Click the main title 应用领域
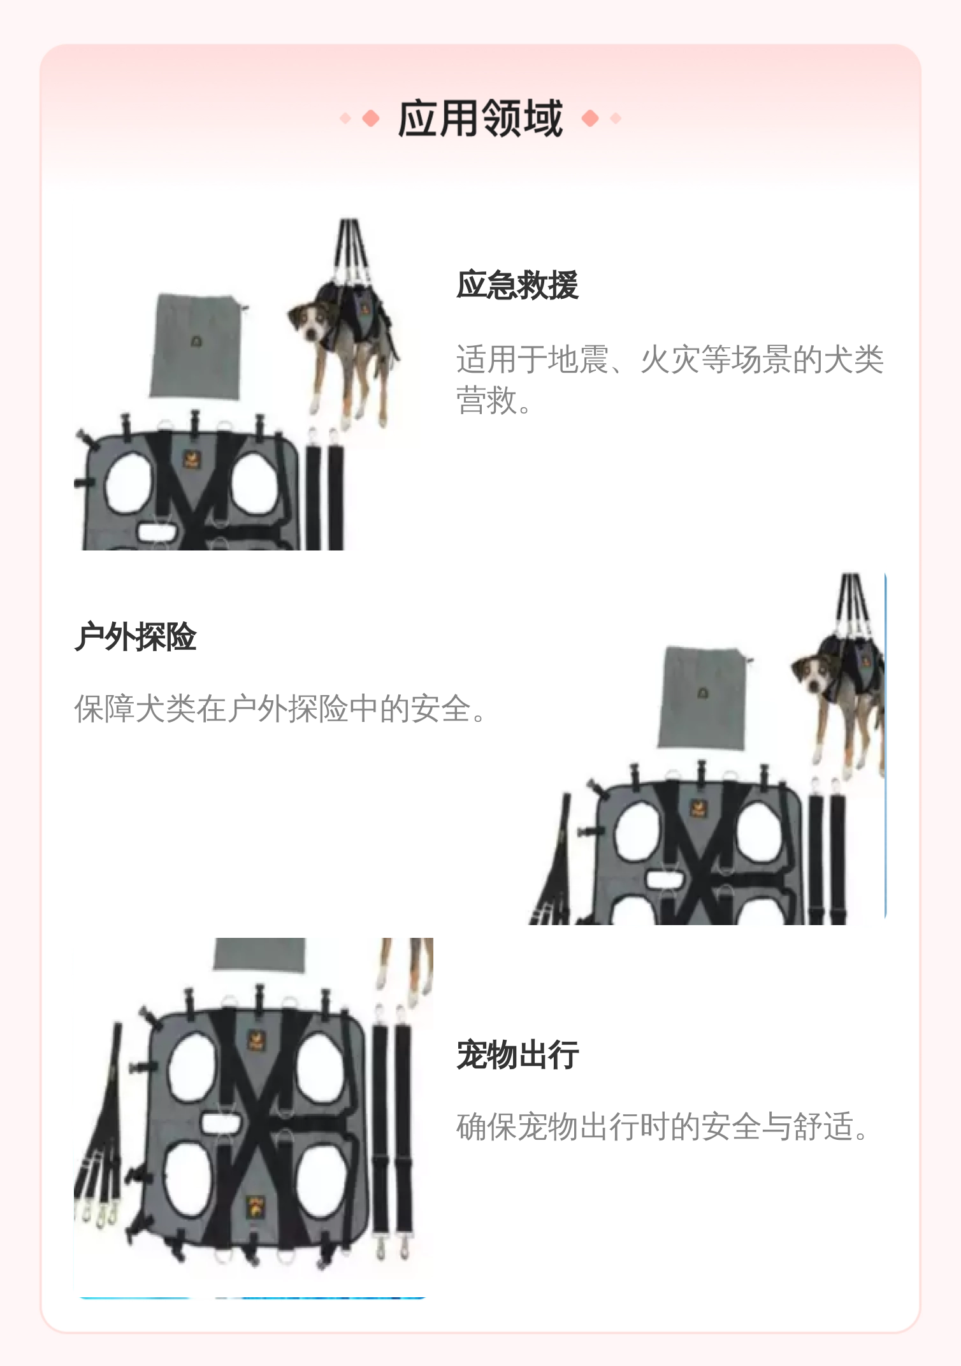[x=480, y=119]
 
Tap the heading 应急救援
[x=517, y=285]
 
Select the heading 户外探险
[x=136, y=636]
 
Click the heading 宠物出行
[x=517, y=1054]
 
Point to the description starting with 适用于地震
[x=670, y=380]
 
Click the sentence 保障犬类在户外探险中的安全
[x=280, y=708]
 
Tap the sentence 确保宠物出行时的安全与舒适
[x=663, y=1126]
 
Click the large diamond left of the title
[x=370, y=119]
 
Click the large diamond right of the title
[x=591, y=119]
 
